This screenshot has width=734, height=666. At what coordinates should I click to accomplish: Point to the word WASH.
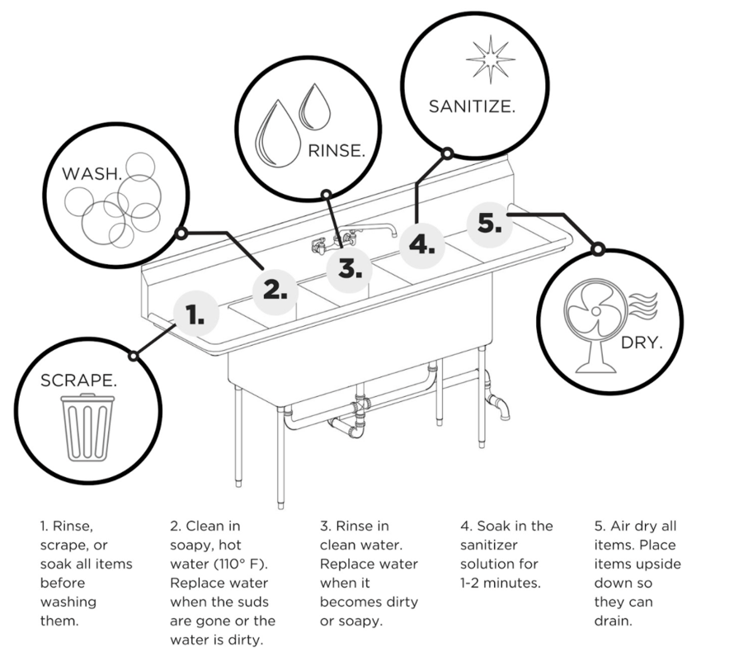pyautogui.click(x=93, y=174)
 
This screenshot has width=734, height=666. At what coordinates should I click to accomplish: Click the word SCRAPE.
pyautogui.click(x=79, y=380)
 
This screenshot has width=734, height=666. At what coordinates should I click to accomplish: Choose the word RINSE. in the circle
pyautogui.click(x=336, y=151)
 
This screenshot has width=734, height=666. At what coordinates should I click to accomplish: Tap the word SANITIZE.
pyautogui.click(x=472, y=106)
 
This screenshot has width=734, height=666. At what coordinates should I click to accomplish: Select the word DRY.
pyautogui.click(x=642, y=342)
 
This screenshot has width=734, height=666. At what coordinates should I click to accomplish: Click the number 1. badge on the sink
pyautogui.click(x=195, y=314)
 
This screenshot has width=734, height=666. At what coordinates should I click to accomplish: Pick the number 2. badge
pyautogui.click(x=275, y=290)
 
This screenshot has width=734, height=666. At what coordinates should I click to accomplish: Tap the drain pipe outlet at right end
pyautogui.click(x=501, y=409)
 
